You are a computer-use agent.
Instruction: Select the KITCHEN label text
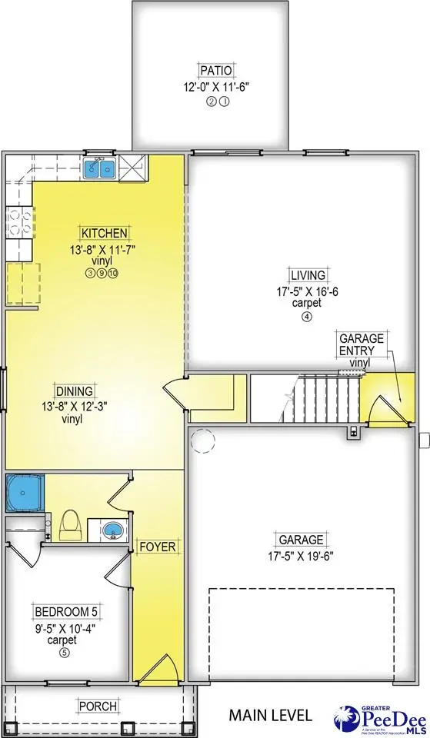(105, 233)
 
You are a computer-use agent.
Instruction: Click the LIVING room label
(307, 275)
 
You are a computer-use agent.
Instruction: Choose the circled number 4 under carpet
(307, 317)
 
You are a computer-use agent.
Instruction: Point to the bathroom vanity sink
(112, 530)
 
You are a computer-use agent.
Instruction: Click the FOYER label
(158, 547)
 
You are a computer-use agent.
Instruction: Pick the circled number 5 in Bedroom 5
(65, 653)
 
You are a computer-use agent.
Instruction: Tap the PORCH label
(97, 706)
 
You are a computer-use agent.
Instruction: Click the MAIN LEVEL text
(271, 715)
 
